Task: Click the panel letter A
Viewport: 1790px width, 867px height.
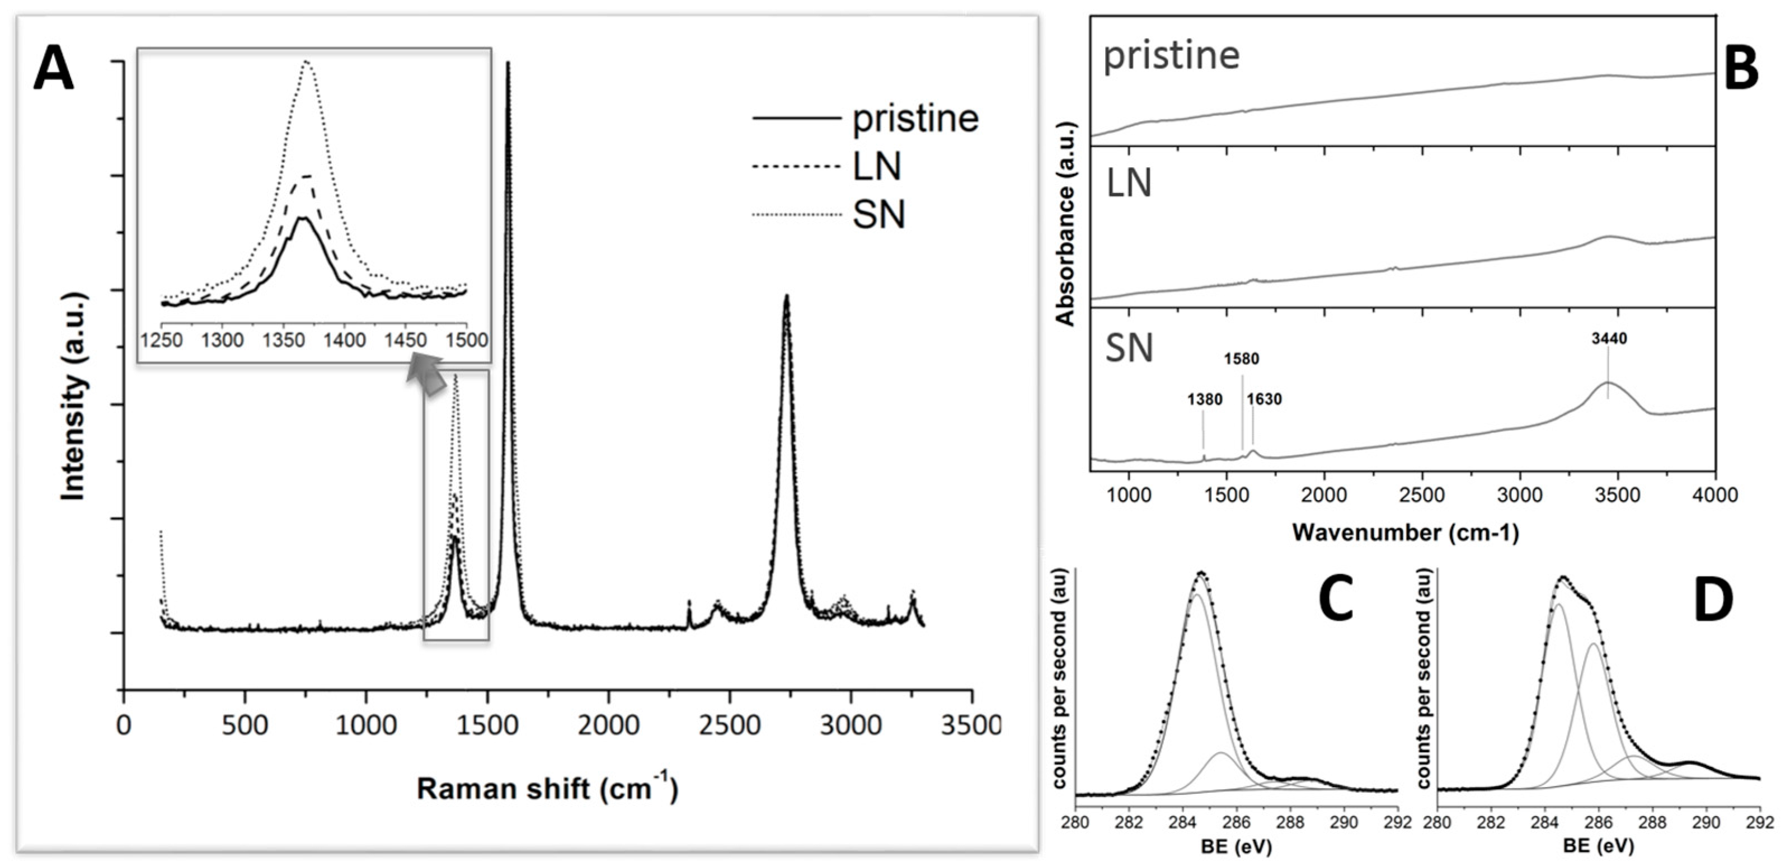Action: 54,72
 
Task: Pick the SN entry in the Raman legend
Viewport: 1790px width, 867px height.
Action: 878,215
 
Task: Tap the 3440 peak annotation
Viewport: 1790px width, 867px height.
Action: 1609,339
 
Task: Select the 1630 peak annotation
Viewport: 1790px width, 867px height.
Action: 1264,399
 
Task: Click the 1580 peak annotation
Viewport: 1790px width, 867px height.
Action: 1241,360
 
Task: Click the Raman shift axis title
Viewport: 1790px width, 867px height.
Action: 547,789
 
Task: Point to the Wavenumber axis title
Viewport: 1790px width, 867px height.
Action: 1405,533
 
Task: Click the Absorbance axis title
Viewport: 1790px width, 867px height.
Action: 1065,224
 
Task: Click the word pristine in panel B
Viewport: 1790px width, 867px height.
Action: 1171,55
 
